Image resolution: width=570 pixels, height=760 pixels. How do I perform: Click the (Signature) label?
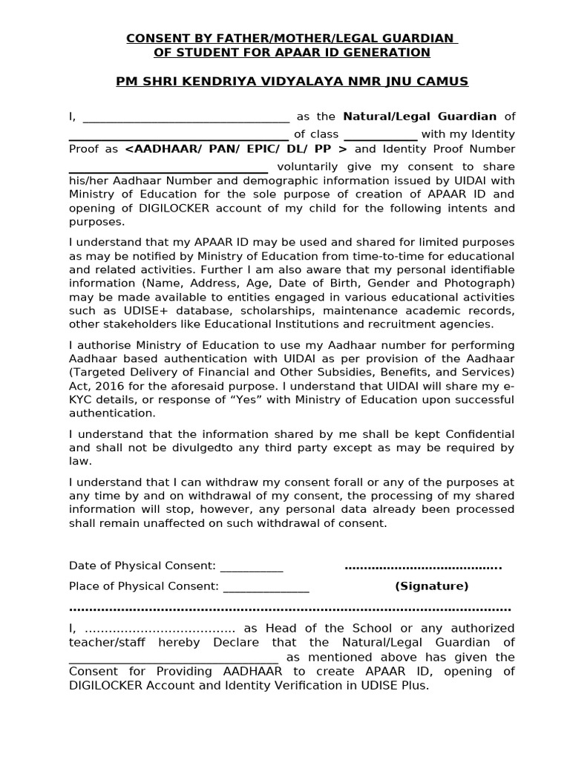pos(432,586)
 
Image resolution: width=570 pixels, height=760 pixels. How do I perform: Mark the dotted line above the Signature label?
pos(423,568)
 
